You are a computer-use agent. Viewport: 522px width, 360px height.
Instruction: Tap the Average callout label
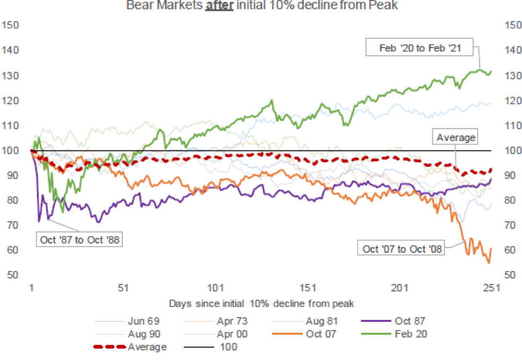coord(456,138)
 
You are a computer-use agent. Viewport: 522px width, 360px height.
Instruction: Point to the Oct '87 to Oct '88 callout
coord(79,239)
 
